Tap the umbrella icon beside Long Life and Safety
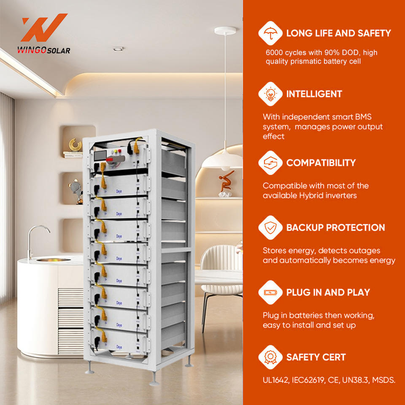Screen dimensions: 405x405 (x=270, y=33)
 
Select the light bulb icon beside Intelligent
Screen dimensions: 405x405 (x=270, y=94)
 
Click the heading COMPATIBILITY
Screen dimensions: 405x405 (x=321, y=163)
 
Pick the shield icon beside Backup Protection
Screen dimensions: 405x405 (x=270, y=228)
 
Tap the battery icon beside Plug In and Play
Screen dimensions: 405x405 (x=270, y=292)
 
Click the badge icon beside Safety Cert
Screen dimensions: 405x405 (x=270, y=357)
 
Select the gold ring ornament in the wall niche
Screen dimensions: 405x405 (x=76, y=145)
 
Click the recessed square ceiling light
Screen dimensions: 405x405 (x=118, y=49)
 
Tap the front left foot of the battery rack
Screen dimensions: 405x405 (x=90, y=370)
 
